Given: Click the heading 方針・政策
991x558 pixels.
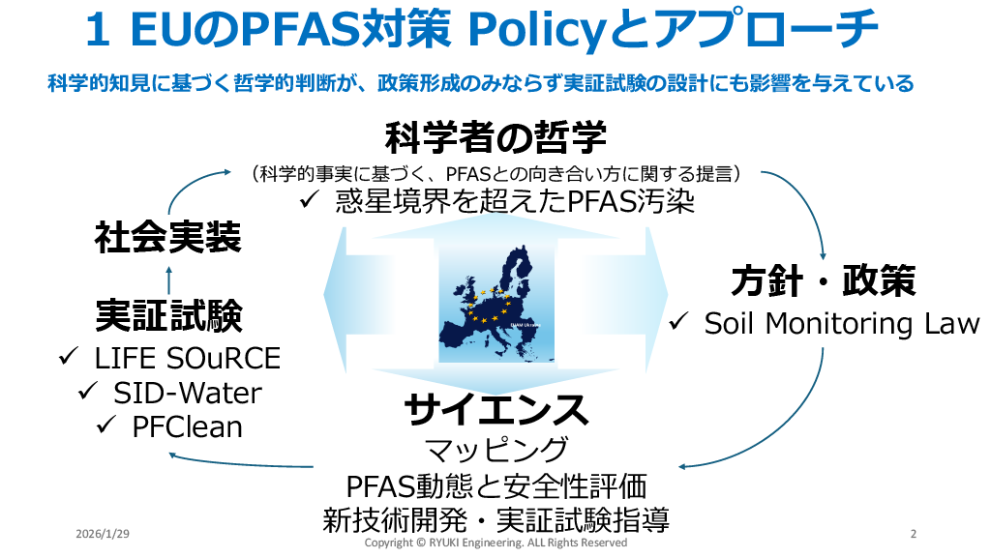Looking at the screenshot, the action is [822, 282].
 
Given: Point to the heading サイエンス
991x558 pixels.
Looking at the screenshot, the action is [495, 410].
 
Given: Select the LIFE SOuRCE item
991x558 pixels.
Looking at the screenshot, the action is [187, 359].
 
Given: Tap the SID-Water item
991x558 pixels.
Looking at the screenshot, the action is [187, 393].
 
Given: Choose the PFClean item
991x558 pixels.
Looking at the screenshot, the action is [187, 426].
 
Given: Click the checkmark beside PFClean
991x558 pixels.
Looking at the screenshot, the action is [105, 426].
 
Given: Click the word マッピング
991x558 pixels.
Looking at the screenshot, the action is [495, 450].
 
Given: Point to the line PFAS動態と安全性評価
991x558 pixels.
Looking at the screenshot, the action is [495, 485].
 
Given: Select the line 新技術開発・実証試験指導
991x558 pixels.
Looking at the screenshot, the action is [495, 519].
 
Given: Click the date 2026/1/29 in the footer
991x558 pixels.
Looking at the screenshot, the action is [103, 535].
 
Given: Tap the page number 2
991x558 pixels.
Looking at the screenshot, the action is [914, 535].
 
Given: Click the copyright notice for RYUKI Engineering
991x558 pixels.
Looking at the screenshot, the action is [495, 543].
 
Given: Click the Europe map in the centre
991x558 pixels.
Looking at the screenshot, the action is [495, 296].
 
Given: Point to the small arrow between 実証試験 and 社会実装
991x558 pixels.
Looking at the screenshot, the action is [168, 279].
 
